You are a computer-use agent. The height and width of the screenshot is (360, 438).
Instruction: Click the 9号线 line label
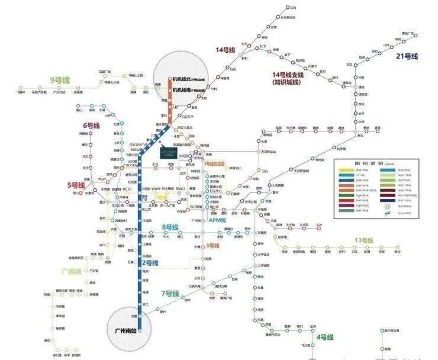coord(60,79)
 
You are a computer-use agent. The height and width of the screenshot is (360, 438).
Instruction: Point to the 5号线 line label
coord(77,185)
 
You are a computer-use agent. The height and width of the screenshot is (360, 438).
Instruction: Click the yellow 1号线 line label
coord(161,197)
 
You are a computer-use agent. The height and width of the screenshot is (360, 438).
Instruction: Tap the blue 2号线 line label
coord(150,262)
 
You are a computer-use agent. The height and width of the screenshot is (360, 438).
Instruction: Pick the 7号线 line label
coord(170,294)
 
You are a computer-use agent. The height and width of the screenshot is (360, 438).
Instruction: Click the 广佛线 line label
coord(70,271)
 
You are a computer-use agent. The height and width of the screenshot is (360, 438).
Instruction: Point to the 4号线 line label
coord(325,337)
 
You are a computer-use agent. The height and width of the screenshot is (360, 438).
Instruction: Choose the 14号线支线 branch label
coord(288,75)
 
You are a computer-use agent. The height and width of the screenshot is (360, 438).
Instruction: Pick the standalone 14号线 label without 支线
coord(226,50)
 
